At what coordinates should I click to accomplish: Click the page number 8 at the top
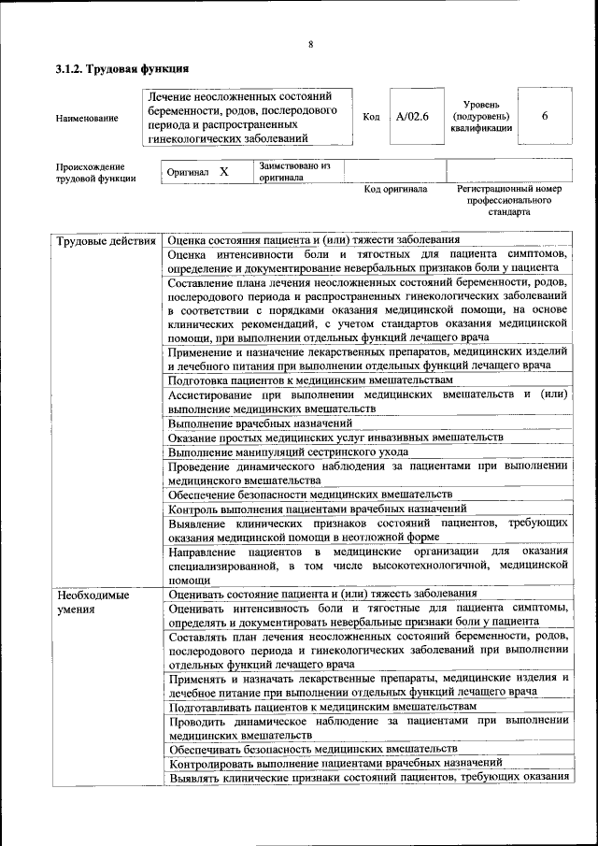(x=309, y=43)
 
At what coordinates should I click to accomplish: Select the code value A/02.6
(x=412, y=118)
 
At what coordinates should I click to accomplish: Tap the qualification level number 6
(x=544, y=116)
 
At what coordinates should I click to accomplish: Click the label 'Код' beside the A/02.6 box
(x=371, y=118)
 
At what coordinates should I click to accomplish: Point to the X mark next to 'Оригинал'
(x=224, y=172)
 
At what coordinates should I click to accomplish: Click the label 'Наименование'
(x=88, y=119)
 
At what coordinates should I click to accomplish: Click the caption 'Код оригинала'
(x=395, y=190)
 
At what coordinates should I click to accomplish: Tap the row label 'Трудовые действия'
(x=106, y=243)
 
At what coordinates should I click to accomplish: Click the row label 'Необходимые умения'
(x=93, y=601)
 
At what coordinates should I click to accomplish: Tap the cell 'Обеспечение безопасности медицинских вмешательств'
(x=310, y=495)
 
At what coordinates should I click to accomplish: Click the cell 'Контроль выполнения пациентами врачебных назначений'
(x=318, y=509)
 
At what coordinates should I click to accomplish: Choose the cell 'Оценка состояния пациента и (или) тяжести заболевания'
(x=314, y=241)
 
